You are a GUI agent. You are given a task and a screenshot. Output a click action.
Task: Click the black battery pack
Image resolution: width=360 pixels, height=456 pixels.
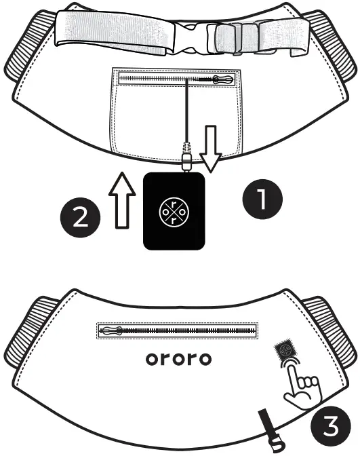[174, 211]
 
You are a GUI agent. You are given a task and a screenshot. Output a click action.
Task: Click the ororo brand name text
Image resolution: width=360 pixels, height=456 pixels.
[178, 358]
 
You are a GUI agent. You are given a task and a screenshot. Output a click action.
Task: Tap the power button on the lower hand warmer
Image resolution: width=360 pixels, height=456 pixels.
[283, 351]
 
